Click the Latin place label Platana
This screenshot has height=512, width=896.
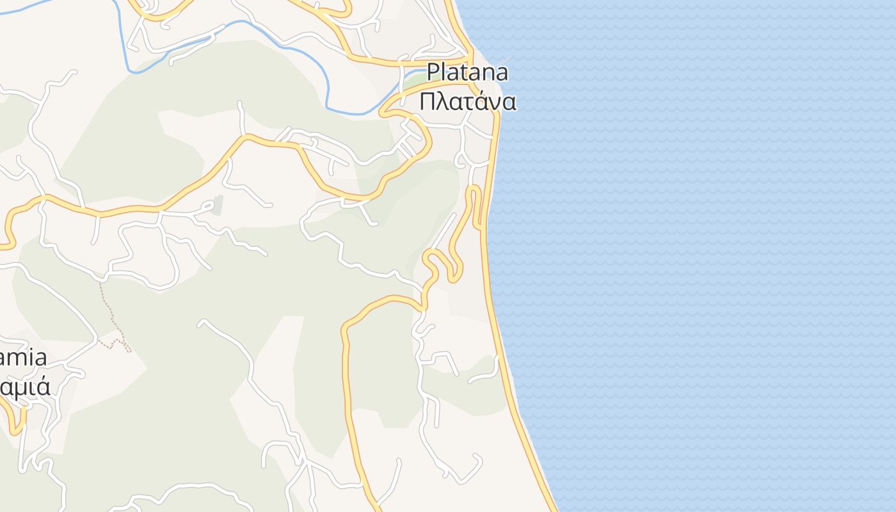[x=467, y=72]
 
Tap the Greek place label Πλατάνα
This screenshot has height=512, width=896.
[x=467, y=101]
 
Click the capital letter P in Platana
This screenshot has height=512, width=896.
[x=435, y=72]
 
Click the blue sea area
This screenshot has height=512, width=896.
[x=704, y=256]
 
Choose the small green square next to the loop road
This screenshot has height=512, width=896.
[x=218, y=205]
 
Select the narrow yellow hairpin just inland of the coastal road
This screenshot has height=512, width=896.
[x=473, y=192]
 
